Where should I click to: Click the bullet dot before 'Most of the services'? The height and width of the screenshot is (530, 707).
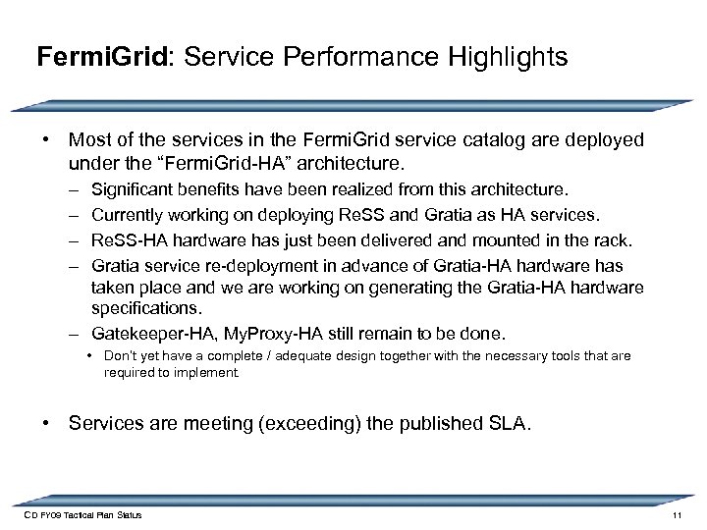tap(46, 140)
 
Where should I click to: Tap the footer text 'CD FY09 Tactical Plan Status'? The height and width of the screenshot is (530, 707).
tap(82, 516)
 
